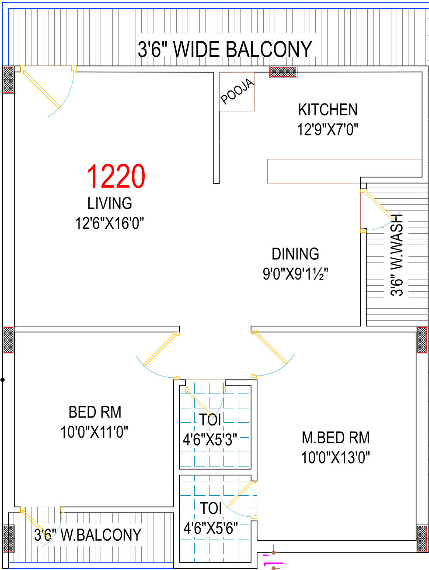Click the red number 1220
click(116, 176)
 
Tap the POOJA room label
click(237, 91)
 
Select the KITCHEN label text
click(328, 110)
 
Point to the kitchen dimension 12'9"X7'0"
click(328, 129)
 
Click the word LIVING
click(109, 203)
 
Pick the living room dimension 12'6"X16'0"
click(109, 223)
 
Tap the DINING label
click(295, 254)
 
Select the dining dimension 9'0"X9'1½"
click(295, 274)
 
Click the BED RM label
click(95, 412)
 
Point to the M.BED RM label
click(336, 438)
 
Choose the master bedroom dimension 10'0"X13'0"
click(335, 457)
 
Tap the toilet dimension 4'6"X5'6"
click(211, 528)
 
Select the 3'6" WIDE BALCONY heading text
click(225, 49)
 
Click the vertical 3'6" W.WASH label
click(397, 255)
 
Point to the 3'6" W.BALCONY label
click(87, 535)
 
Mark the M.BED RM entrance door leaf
click(270, 348)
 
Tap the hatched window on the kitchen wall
click(283, 72)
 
